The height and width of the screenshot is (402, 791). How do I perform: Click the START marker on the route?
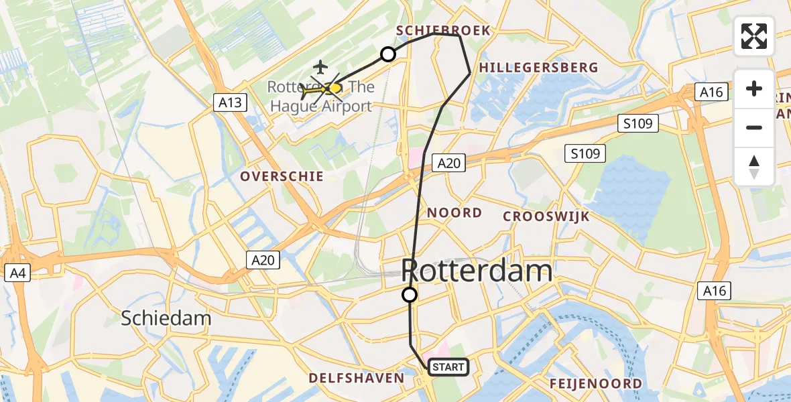pyautogui.click(x=448, y=367)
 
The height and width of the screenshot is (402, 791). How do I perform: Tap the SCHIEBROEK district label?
pyautogui.click(x=443, y=30)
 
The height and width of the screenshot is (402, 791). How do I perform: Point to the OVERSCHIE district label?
pyautogui.click(x=282, y=176)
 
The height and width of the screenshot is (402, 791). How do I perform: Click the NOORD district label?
pyautogui.click(x=454, y=213)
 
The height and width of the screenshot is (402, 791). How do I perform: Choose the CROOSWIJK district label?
pyautogui.click(x=546, y=216)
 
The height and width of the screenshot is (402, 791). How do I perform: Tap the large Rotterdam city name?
pyautogui.click(x=477, y=271)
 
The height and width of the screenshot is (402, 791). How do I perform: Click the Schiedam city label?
pyautogui.click(x=166, y=318)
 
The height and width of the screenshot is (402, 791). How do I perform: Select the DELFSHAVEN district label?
pyautogui.click(x=357, y=379)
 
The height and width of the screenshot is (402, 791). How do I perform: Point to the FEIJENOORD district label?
pyautogui.click(x=596, y=384)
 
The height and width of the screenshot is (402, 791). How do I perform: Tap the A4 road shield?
pyautogui.click(x=16, y=273)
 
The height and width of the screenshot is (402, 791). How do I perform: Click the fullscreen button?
pyautogui.click(x=754, y=36)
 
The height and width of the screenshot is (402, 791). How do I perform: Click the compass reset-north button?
pyautogui.click(x=754, y=166)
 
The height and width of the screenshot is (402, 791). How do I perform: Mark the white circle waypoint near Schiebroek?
pyautogui.click(x=388, y=54)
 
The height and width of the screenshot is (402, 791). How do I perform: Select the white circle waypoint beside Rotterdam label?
pyautogui.click(x=409, y=294)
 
